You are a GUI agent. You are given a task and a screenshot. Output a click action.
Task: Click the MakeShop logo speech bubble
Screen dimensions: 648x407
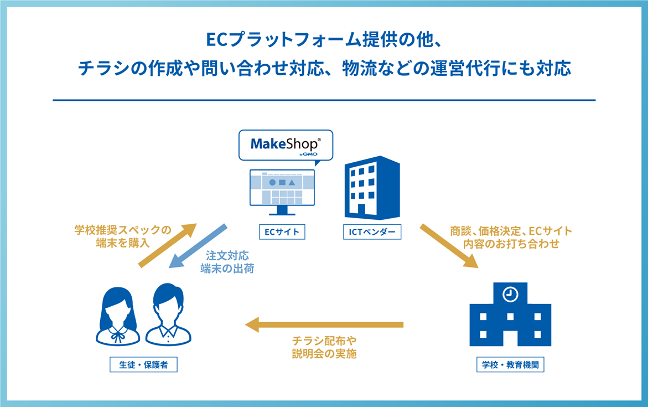tap(286, 145)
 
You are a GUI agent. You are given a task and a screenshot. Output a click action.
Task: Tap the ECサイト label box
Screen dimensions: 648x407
tap(282, 232)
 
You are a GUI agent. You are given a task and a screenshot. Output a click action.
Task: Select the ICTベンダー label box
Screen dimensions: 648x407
tap(372, 232)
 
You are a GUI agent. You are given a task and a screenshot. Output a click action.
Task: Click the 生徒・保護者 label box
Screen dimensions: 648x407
tap(143, 365)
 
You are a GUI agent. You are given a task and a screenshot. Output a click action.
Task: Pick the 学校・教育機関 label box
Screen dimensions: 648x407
tap(510, 365)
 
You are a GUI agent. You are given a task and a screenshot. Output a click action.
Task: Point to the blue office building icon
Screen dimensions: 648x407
tap(372, 187)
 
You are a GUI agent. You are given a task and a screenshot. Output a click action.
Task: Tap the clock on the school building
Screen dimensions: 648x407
tap(510, 295)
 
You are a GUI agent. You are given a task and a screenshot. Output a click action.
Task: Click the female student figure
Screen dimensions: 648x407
tap(118, 316)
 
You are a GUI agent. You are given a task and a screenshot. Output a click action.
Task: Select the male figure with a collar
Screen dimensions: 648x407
tap(168, 315)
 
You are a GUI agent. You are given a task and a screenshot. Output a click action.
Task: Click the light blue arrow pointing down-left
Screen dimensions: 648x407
tap(198, 246)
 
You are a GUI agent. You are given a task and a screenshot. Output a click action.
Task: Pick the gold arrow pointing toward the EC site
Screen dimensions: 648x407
tap(167, 246)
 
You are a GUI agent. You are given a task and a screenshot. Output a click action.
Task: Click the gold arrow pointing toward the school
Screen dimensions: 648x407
tap(449, 246)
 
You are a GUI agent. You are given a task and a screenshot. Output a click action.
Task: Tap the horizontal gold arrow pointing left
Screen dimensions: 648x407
tap(324, 324)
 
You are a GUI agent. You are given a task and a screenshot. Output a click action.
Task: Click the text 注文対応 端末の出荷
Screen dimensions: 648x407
tap(227, 262)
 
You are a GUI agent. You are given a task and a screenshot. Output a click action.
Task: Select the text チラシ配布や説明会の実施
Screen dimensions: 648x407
tap(324, 347)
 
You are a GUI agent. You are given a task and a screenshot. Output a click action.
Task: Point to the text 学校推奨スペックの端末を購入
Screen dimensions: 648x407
tap(123, 236)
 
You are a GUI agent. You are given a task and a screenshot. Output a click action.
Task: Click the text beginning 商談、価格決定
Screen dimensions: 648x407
tap(511, 238)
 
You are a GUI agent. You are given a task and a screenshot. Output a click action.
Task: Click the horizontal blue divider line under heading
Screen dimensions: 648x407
tap(324, 100)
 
